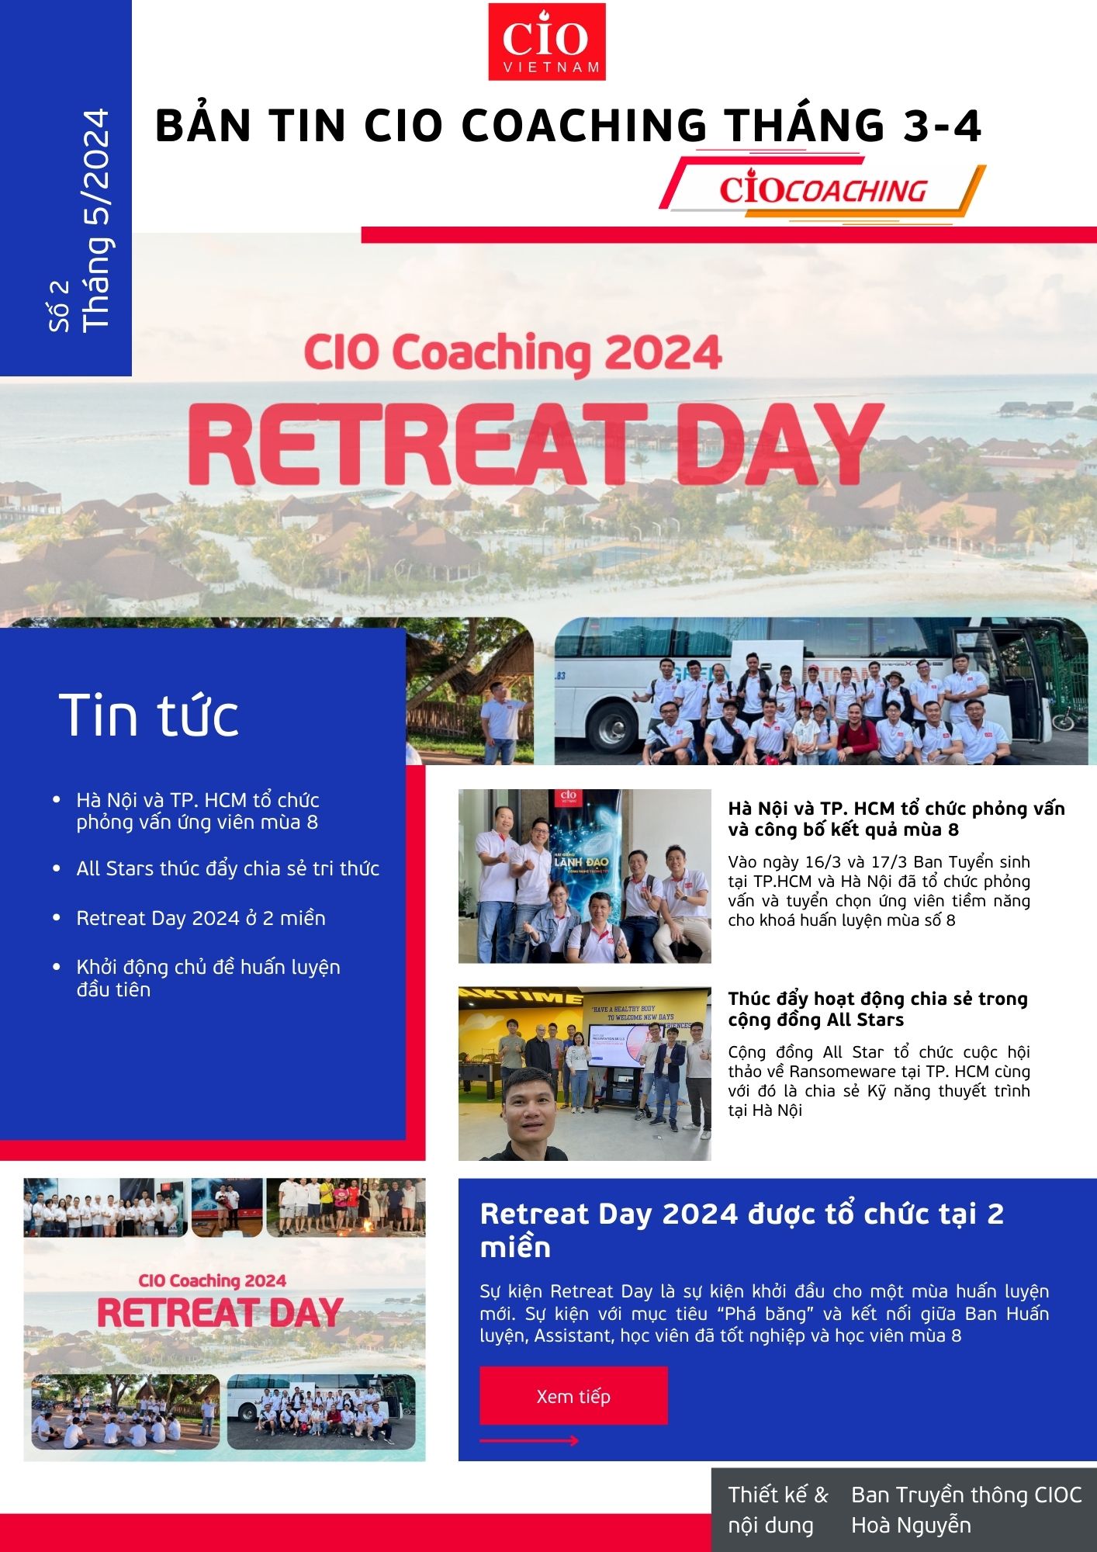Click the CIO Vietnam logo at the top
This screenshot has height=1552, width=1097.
tap(546, 42)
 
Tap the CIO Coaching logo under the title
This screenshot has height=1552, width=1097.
tap(822, 190)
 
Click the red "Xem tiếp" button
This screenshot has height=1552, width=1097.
tap(573, 1396)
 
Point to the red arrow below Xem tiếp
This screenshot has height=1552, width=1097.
tap(529, 1441)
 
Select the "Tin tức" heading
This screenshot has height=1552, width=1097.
tap(149, 715)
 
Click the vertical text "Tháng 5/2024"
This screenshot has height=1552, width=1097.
tap(96, 219)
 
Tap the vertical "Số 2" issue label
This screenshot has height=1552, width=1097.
tap(59, 306)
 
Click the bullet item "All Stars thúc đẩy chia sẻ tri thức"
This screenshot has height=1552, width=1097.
tap(227, 868)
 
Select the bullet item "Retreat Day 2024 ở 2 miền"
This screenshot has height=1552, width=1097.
tap(201, 918)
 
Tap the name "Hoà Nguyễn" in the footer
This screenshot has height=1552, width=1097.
tap(911, 1525)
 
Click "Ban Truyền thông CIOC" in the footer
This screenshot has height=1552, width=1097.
tap(966, 1495)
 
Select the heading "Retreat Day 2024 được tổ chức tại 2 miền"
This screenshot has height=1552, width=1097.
tap(742, 1230)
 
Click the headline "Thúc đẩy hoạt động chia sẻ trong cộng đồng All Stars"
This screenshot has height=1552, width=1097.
tap(877, 1009)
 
